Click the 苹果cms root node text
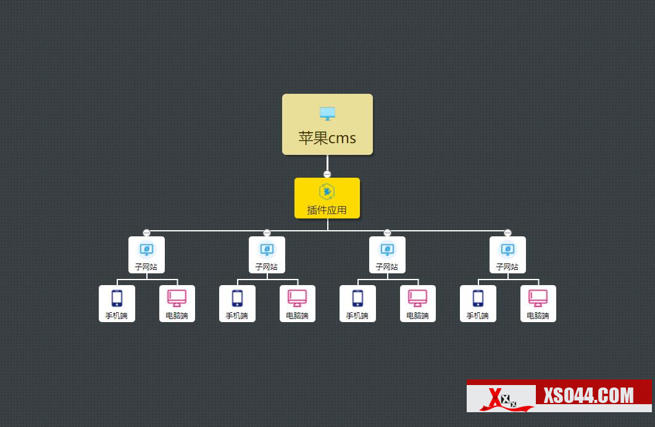click(327, 138)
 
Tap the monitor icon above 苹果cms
click(327, 114)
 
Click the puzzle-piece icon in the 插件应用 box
click(327, 191)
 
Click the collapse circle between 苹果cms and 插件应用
click(327, 174)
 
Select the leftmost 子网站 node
click(146, 255)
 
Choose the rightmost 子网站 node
click(507, 255)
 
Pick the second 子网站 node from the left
click(267, 255)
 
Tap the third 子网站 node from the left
click(387, 255)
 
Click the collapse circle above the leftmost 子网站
click(146, 233)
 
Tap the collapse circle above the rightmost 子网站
click(507, 233)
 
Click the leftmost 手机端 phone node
click(117, 304)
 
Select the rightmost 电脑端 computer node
click(538, 304)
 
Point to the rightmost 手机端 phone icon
click(478, 298)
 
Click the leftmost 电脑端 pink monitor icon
click(177, 298)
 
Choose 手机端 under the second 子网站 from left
click(237, 304)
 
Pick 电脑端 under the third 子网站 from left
click(417, 304)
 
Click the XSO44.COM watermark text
click(588, 395)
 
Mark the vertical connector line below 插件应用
click(328, 225)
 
